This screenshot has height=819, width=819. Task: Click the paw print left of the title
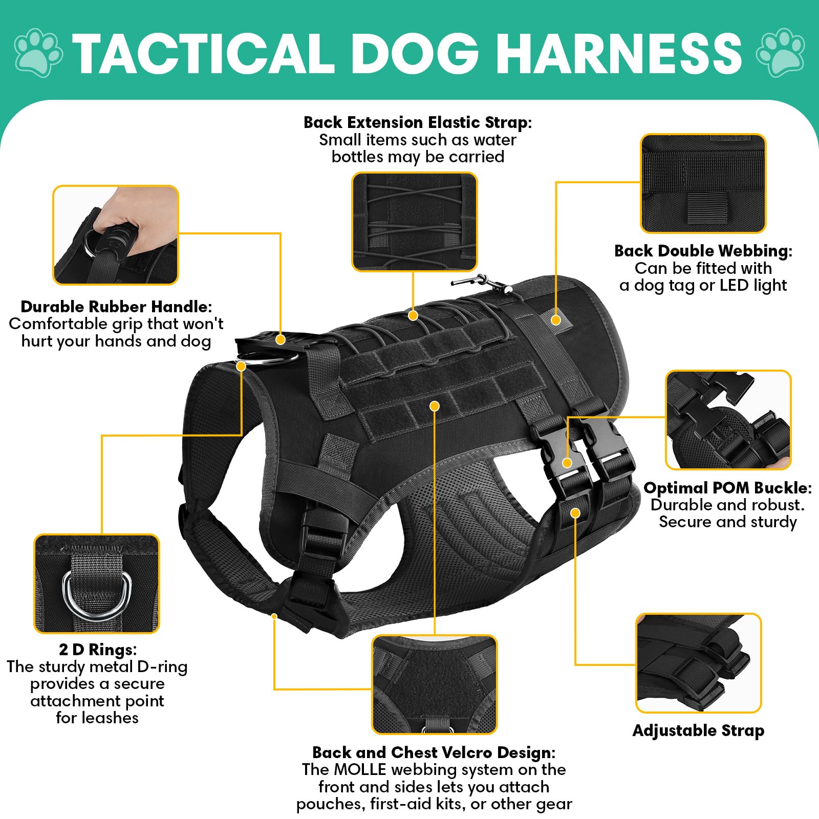pyautogui.click(x=38, y=53)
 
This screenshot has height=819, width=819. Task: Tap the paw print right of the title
pyautogui.click(x=780, y=53)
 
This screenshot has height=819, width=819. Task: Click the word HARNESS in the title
pyautogui.click(x=619, y=53)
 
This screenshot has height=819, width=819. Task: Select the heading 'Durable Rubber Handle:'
pyautogui.click(x=116, y=307)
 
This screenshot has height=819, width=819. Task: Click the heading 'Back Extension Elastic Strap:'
pyautogui.click(x=418, y=122)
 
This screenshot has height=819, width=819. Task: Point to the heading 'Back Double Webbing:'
pyautogui.click(x=703, y=251)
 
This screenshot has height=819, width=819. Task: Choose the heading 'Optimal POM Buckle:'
pyautogui.click(x=727, y=487)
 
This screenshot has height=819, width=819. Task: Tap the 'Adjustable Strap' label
pyautogui.click(x=698, y=730)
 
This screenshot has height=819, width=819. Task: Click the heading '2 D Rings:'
pyautogui.click(x=98, y=650)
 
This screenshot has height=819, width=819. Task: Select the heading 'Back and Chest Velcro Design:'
pyautogui.click(x=434, y=752)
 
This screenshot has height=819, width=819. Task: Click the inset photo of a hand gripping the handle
pyautogui.click(x=116, y=235)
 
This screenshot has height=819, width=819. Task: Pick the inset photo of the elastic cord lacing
pyautogui.click(x=414, y=222)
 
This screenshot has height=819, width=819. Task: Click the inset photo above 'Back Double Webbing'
pyautogui.click(x=703, y=184)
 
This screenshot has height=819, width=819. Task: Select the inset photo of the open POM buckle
pyautogui.click(x=728, y=420)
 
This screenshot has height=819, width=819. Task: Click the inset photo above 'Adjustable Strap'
pyautogui.click(x=699, y=663)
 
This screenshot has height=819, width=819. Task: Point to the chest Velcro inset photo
pyautogui.click(x=434, y=684)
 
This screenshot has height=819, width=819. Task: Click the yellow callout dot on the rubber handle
pyautogui.click(x=280, y=339)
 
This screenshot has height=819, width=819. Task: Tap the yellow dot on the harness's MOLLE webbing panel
pyautogui.click(x=435, y=406)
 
